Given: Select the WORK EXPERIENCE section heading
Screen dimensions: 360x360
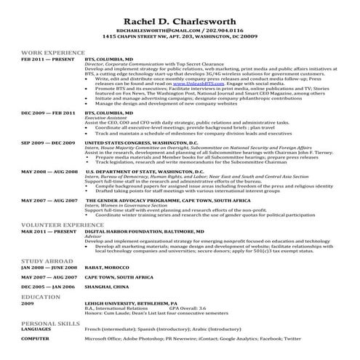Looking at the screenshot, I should (52, 54).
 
